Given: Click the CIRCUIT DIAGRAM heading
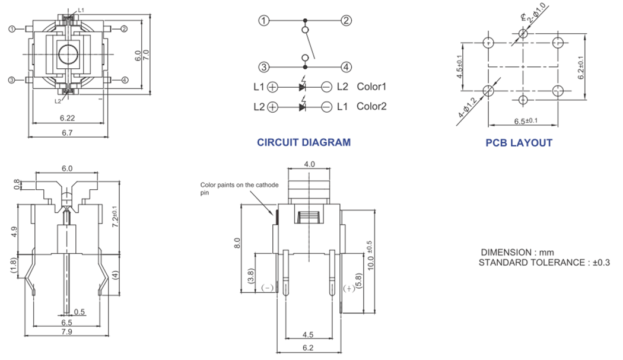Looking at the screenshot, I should (x=303, y=142).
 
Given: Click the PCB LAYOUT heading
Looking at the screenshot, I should (x=519, y=143).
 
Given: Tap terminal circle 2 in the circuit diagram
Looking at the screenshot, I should (x=346, y=21).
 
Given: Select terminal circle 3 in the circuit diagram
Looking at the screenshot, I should (x=265, y=67).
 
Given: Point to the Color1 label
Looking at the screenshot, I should (x=371, y=87).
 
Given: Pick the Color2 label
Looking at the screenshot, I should (x=371, y=107).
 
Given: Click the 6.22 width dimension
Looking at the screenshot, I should (x=66, y=119).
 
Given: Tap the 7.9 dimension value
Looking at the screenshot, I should (x=66, y=332).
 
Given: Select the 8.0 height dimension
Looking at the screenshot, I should (x=237, y=243).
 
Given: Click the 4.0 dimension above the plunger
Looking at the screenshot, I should (x=309, y=164).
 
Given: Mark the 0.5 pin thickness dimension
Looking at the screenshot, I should (x=80, y=312).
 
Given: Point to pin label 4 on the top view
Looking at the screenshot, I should (x=124, y=80).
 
